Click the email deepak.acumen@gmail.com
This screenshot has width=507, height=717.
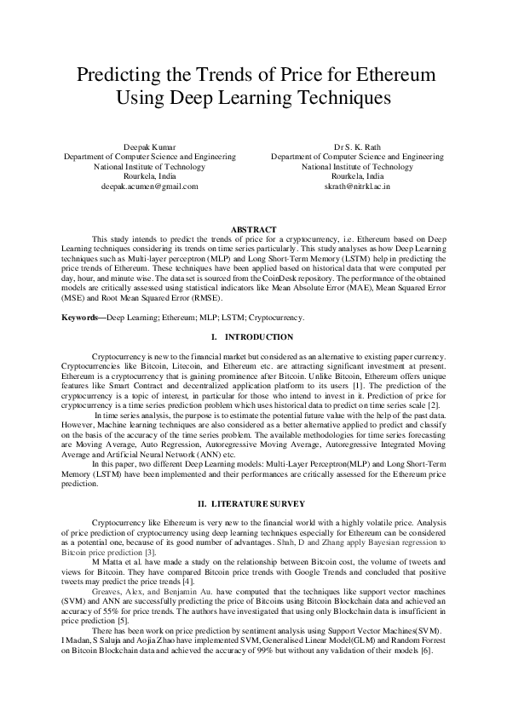[x=149, y=185]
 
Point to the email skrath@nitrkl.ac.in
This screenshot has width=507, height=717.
[x=357, y=185]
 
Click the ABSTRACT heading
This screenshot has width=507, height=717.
[x=254, y=230]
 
